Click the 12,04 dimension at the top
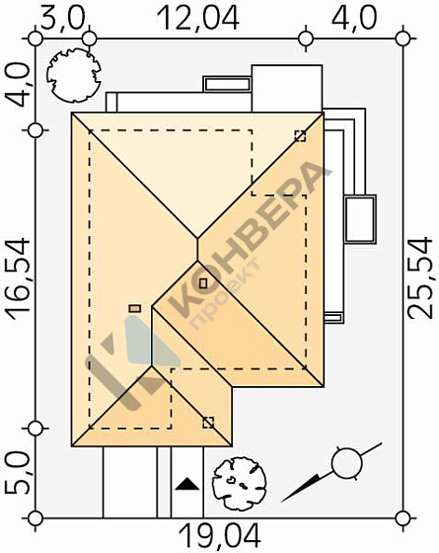point(198,19)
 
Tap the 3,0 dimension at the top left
point(63,19)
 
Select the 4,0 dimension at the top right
point(354,19)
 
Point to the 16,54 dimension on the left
point(20,278)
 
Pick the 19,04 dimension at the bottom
point(219,535)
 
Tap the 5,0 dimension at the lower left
point(17,473)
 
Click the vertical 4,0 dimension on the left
point(20,85)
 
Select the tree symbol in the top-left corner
point(74,75)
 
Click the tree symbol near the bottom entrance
point(240,484)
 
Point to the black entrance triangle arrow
point(187,484)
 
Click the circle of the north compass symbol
point(347,463)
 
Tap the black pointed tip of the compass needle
point(283,501)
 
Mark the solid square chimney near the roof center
point(203,283)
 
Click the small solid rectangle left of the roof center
point(135,309)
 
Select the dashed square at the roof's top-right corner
point(300,136)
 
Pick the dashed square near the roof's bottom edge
point(208,423)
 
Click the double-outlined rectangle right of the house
point(360,219)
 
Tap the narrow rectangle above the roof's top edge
point(227,84)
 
